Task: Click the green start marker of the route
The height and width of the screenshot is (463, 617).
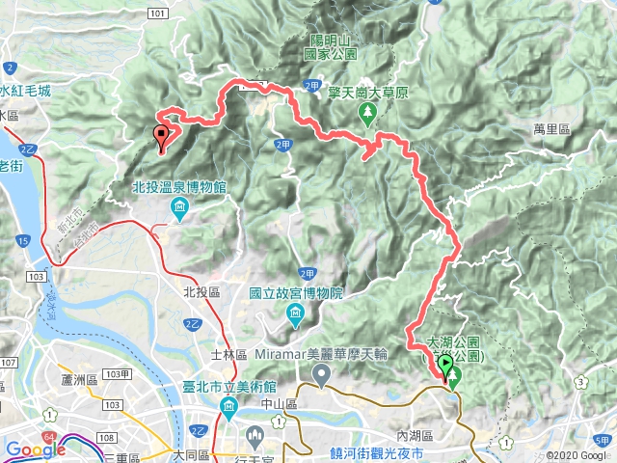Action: (x=446, y=365)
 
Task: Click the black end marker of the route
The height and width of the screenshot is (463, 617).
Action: (x=162, y=136)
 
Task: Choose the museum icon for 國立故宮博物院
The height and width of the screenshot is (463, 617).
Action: (x=295, y=314)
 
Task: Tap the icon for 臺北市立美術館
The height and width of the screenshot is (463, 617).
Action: (x=229, y=407)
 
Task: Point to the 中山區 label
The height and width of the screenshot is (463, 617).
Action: (x=279, y=405)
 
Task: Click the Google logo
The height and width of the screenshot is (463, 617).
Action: (x=34, y=449)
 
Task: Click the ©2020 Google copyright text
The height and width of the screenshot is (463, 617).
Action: (x=578, y=455)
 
